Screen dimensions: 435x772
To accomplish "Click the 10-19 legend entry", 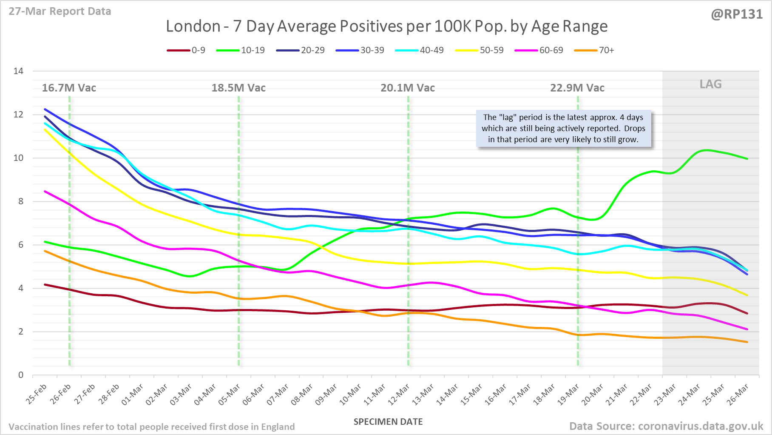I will click(x=241, y=50).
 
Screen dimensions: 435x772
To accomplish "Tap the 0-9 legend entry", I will click(x=186, y=50).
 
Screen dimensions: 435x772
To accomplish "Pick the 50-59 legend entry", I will click(x=480, y=50).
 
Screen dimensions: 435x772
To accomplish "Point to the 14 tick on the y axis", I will click(x=18, y=71).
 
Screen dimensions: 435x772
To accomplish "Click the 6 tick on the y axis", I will click(x=20, y=245).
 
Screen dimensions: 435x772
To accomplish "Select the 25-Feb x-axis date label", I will click(x=37, y=394).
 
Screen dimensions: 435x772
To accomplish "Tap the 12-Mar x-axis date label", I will click(x=400, y=394).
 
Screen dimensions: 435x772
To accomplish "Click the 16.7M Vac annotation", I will click(x=69, y=88).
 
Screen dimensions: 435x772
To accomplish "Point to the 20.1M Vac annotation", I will click(x=408, y=88).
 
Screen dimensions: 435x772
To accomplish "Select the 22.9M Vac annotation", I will click(x=577, y=88).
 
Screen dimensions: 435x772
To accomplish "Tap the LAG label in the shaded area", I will click(x=710, y=84).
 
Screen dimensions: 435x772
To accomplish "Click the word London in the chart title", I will click(x=193, y=26).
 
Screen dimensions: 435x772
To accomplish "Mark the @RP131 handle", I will click(x=737, y=14).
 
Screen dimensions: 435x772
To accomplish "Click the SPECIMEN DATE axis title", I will click(x=388, y=422).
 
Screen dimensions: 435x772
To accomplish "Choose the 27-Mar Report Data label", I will click(x=60, y=11).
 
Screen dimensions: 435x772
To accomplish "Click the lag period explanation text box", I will click(x=563, y=129).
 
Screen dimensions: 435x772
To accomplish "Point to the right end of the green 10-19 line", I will click(x=747, y=159).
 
